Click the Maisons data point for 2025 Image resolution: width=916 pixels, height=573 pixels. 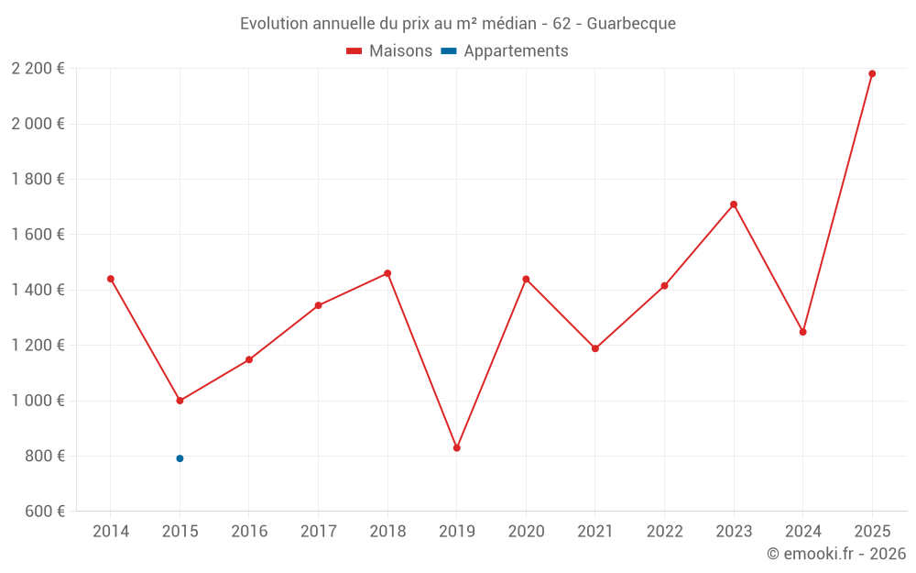pyautogui.click(x=872, y=73)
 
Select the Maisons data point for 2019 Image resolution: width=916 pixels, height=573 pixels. pyautogui.click(x=457, y=448)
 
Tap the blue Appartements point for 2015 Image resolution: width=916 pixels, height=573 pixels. pyautogui.click(x=180, y=458)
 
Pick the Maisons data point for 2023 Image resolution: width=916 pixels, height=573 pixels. pyautogui.click(x=734, y=204)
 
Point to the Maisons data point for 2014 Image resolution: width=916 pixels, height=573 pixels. pyautogui.click(x=111, y=279)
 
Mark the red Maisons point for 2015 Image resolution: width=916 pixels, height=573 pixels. pyautogui.click(x=180, y=401)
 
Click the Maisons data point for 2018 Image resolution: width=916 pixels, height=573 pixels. pyautogui.click(x=387, y=273)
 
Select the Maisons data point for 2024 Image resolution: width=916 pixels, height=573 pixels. pyautogui.click(x=803, y=332)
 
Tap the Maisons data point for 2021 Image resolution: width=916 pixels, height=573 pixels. pyautogui.click(x=595, y=348)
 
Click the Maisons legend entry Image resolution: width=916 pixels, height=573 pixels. pyautogui.click(x=389, y=51)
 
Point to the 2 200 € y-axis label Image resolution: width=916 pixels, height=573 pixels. pyautogui.click(x=38, y=69)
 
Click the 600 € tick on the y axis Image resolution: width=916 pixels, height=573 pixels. pyautogui.click(x=44, y=512)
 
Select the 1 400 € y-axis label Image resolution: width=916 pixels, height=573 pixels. pyautogui.click(x=38, y=290)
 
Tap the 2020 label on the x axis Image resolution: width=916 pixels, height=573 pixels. pyautogui.click(x=526, y=532)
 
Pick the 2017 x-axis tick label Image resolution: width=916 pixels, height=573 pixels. pyautogui.click(x=318, y=532)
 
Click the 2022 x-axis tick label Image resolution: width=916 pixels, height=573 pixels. pyautogui.click(x=664, y=532)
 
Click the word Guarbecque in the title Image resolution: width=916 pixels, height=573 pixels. pyautogui.click(x=631, y=24)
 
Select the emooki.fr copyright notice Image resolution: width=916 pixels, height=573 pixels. pyautogui.click(x=836, y=554)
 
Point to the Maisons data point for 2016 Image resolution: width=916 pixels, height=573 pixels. pyautogui.click(x=249, y=359)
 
